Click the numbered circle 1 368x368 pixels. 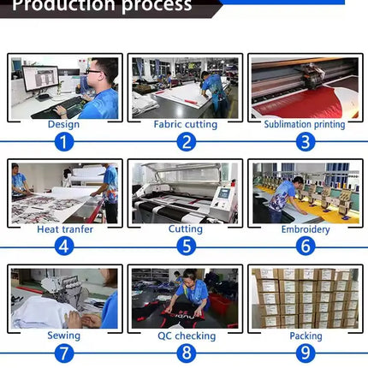(x=64, y=142)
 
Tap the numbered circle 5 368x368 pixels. (x=187, y=246)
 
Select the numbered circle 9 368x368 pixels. (x=306, y=353)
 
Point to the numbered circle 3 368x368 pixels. (x=306, y=142)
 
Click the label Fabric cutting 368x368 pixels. (x=186, y=124)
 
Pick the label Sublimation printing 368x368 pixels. (x=305, y=124)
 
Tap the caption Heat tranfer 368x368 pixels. (x=65, y=229)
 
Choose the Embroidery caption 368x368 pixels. (x=306, y=229)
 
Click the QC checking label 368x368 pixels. (x=187, y=335)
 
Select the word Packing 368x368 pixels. (x=306, y=336)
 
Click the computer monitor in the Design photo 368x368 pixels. (x=40, y=79)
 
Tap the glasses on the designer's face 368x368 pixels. (x=93, y=71)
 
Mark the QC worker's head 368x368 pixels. (x=189, y=276)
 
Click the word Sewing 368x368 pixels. (x=63, y=335)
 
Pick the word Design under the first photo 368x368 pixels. (x=63, y=124)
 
